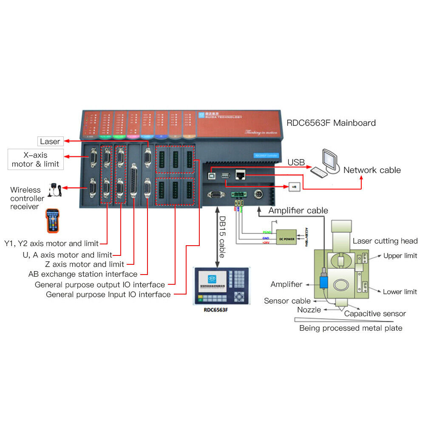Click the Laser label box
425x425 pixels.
pyautogui.click(x=50, y=142)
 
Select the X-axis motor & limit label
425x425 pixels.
pyautogui.click(x=36, y=159)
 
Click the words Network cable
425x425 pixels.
pyautogui.click(x=372, y=170)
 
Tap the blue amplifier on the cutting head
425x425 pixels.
pyautogui.click(x=324, y=280)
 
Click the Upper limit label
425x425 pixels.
pyautogui.click(x=400, y=256)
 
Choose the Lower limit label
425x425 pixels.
pyautogui.click(x=399, y=292)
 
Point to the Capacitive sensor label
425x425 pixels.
pyautogui.click(x=375, y=314)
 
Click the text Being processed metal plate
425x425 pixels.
pyautogui.click(x=351, y=328)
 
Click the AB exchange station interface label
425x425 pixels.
pyautogui.click(x=83, y=274)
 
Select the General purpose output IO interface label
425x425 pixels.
pyautogui.click(x=100, y=284)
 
